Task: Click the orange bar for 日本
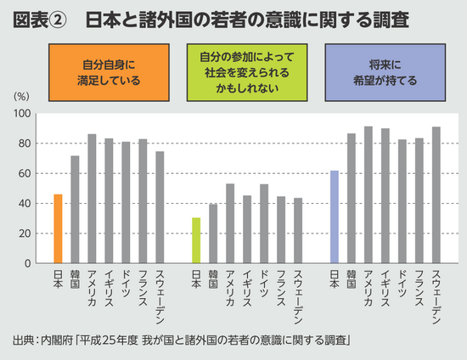click(58, 228)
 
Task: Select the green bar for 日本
click(196, 240)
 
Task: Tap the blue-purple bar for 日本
click(335, 217)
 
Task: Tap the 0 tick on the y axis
click(28, 263)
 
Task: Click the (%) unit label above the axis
click(22, 98)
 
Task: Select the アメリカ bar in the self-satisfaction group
click(92, 199)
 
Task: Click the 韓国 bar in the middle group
click(213, 233)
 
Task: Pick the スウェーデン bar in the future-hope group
click(436, 195)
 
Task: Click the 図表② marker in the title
click(41, 20)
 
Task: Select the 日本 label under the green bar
click(196, 279)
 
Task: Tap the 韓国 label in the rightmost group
click(352, 279)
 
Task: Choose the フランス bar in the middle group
click(281, 230)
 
